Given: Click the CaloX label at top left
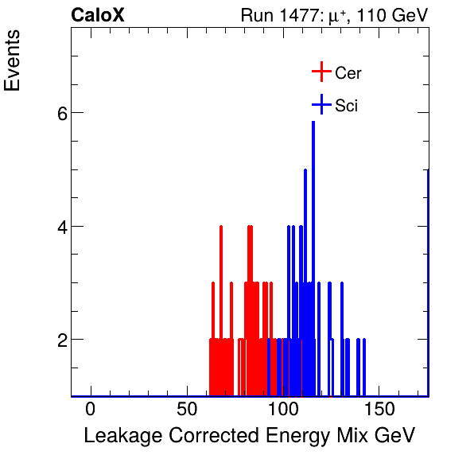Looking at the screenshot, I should [98, 15].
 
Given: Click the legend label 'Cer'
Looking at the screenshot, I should [348, 73].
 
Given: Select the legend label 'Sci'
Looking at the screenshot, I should [347, 105].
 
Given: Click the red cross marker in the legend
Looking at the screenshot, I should [321, 72].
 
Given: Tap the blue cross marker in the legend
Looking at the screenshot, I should [321, 104].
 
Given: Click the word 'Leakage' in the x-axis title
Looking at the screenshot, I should [119, 436].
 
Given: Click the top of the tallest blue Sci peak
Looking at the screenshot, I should [313, 122].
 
